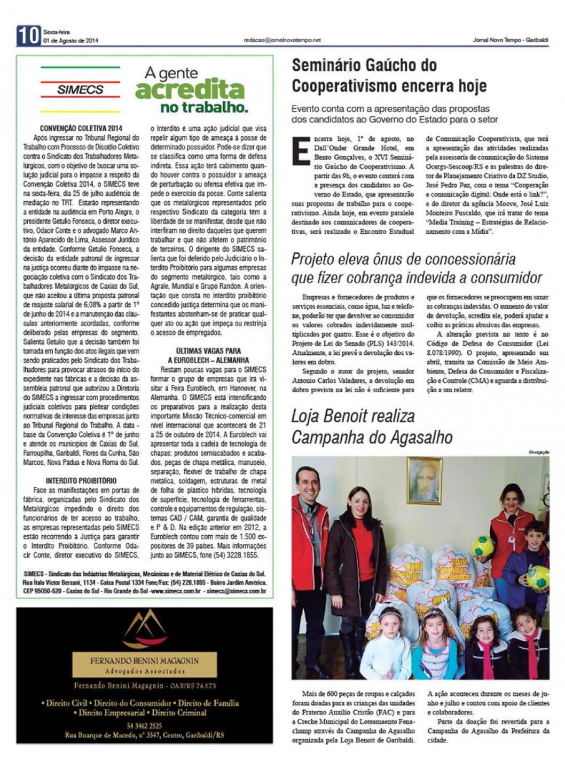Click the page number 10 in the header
pyautogui.click(x=28, y=35)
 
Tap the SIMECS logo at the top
pyautogui.click(x=80, y=89)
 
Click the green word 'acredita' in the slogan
pyautogui.click(x=190, y=90)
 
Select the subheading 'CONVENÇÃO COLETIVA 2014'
pyautogui.click(x=81, y=128)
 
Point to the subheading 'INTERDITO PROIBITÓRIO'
pyautogui.click(x=81, y=480)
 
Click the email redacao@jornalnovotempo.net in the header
pyautogui.click(x=282, y=40)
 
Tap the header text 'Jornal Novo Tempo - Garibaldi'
pyautogui.click(x=510, y=40)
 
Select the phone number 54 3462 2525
pyautogui.click(x=145, y=726)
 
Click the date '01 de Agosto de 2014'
pyautogui.click(x=70, y=41)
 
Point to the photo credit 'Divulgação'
pyautogui.click(x=538, y=452)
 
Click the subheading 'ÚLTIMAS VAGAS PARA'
pyautogui.click(x=208, y=351)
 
